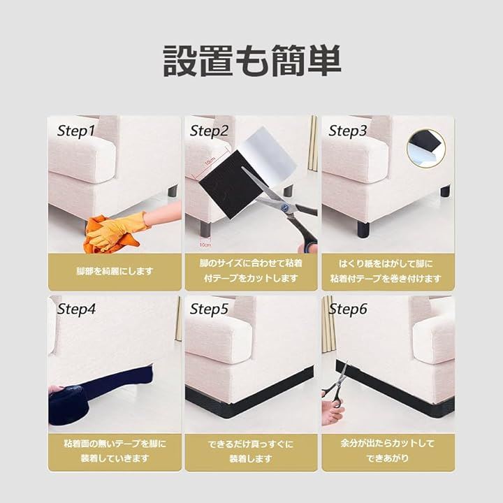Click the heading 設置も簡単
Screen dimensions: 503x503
(x=251, y=61)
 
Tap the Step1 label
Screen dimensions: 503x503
(x=76, y=131)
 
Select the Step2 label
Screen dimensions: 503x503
(x=209, y=131)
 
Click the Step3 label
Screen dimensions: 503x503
(x=348, y=131)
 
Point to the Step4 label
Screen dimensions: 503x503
(x=76, y=309)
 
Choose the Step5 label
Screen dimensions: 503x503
(x=209, y=309)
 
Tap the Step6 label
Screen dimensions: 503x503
(x=348, y=309)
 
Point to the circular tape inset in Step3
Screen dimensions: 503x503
(x=426, y=148)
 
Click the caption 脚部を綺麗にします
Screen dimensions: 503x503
(x=115, y=271)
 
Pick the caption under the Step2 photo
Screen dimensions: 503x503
(x=251, y=271)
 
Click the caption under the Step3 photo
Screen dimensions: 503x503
(x=386, y=271)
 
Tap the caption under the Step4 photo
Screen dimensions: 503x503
(x=115, y=451)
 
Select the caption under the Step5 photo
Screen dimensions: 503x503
(x=251, y=451)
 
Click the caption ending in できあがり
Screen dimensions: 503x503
(x=388, y=451)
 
